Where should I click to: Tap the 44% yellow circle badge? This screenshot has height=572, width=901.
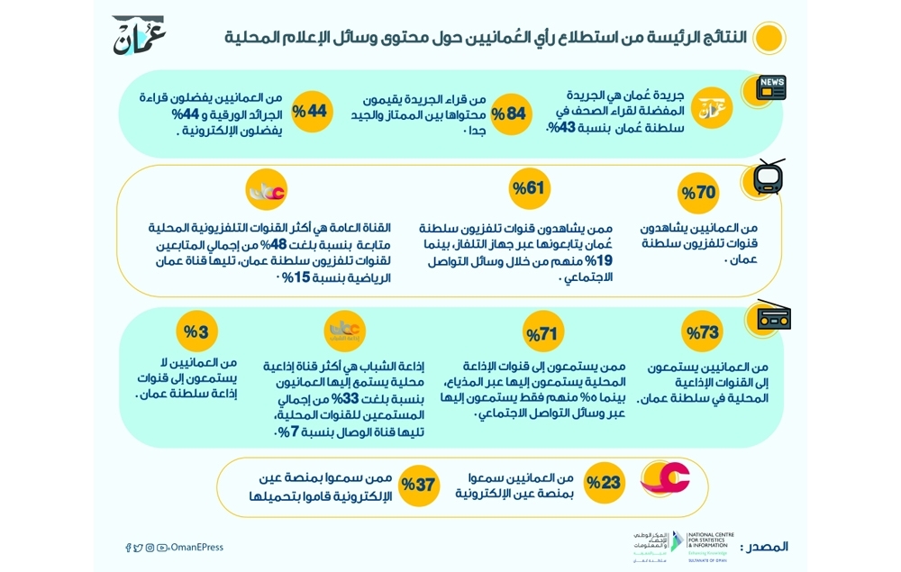pyautogui.click(x=313, y=112)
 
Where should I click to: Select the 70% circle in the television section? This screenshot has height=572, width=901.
pyautogui.click(x=699, y=193)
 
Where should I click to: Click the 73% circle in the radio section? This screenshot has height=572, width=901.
pyautogui.click(x=703, y=332)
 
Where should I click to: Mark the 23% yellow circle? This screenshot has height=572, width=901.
pyautogui.click(x=605, y=483)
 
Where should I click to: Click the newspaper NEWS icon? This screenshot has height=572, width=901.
pyautogui.click(x=771, y=87)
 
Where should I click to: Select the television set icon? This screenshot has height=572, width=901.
pyautogui.click(x=769, y=177)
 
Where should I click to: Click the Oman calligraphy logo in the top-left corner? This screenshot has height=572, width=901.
pyautogui.click(x=139, y=35)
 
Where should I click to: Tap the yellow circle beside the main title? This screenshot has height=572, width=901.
pyautogui.click(x=768, y=38)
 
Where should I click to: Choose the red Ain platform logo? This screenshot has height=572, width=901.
pyautogui.click(x=664, y=478)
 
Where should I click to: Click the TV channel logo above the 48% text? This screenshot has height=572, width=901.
pyautogui.click(x=266, y=193)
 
